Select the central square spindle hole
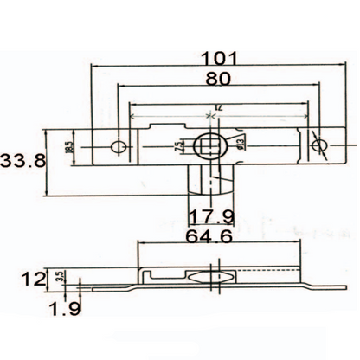pos(210,146)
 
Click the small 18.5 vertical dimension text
pos(69,148)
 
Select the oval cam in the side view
pos(210,278)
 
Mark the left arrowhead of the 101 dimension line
pos(96,67)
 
